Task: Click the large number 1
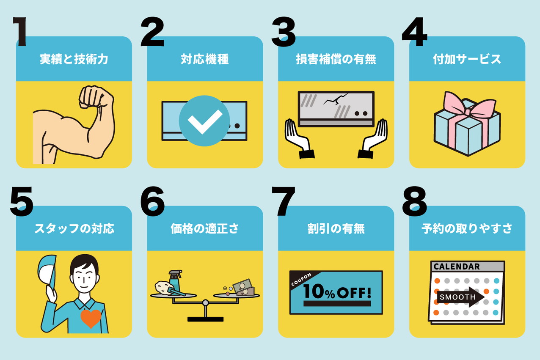(20, 31)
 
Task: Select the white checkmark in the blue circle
(205, 122)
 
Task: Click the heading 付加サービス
(467, 59)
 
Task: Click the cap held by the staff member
(47, 271)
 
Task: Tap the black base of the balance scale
(205, 319)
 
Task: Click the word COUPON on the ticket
(301, 280)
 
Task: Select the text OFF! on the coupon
(354, 293)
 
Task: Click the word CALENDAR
(457, 267)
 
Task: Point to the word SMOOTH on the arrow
(457, 297)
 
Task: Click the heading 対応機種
(205, 59)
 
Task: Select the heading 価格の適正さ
(205, 229)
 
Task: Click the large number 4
(415, 31)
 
